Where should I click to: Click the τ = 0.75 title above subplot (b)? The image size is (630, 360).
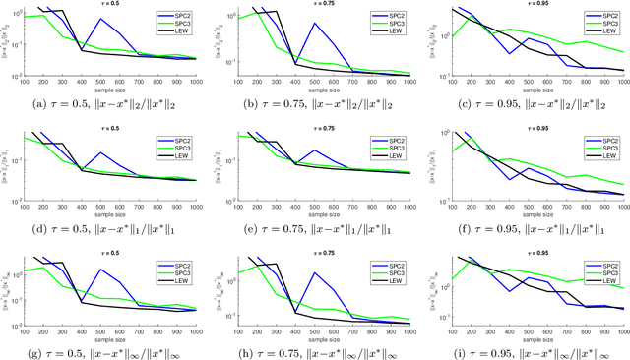pos(315,4)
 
